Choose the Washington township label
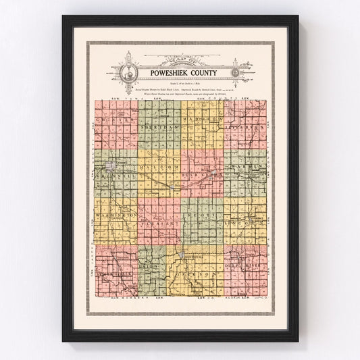112,214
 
